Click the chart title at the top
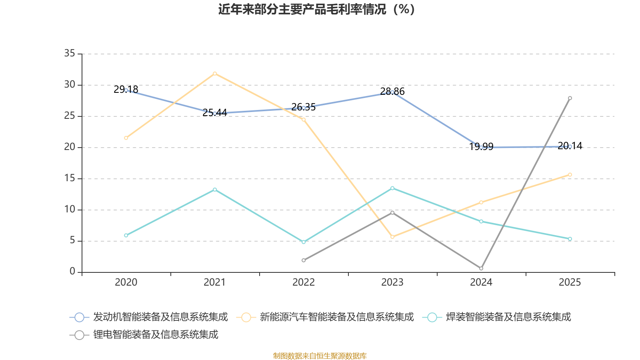[x=316, y=9]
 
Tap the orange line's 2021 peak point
[x=215, y=74]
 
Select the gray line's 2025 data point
[x=570, y=98]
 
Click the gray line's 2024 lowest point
[x=481, y=268]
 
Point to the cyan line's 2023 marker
[x=392, y=188]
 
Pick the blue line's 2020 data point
[x=126, y=90]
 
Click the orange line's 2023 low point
[x=392, y=237]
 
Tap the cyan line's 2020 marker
[x=126, y=235]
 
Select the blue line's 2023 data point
[x=392, y=92]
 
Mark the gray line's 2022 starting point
[x=304, y=260]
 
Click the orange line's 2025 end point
[x=570, y=175]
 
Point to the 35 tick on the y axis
[x=70, y=53]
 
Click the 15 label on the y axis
[x=70, y=178]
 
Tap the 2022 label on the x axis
[x=304, y=282]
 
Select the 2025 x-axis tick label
[x=570, y=282]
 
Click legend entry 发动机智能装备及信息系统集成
[x=160, y=317]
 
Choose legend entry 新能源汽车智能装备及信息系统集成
[x=336, y=317]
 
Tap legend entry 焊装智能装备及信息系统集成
[x=508, y=317]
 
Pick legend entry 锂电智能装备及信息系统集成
[x=156, y=335]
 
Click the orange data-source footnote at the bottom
[x=320, y=356]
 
